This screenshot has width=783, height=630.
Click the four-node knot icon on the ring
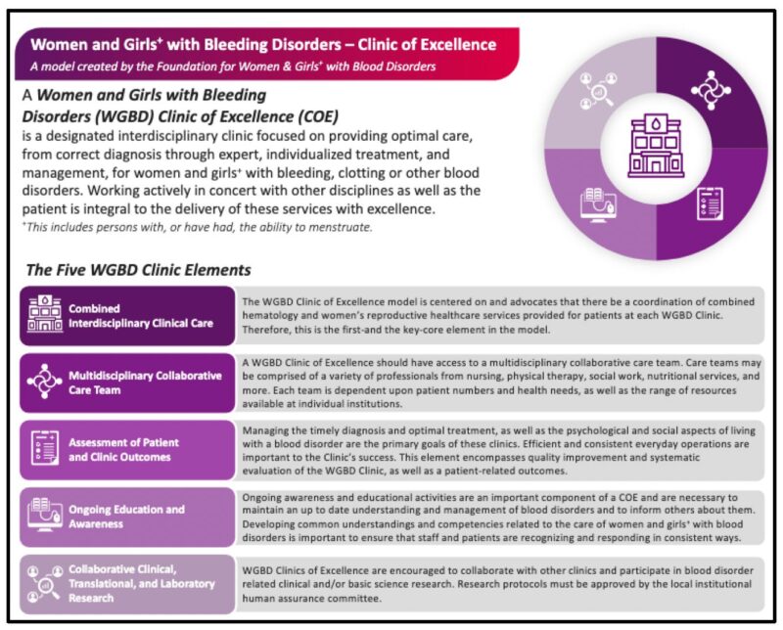click(x=710, y=90)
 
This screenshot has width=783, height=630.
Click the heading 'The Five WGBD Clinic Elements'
click(x=138, y=270)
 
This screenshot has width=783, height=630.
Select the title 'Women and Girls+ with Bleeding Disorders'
click(x=262, y=44)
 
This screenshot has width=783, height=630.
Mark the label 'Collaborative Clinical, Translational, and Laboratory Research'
click(x=143, y=583)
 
